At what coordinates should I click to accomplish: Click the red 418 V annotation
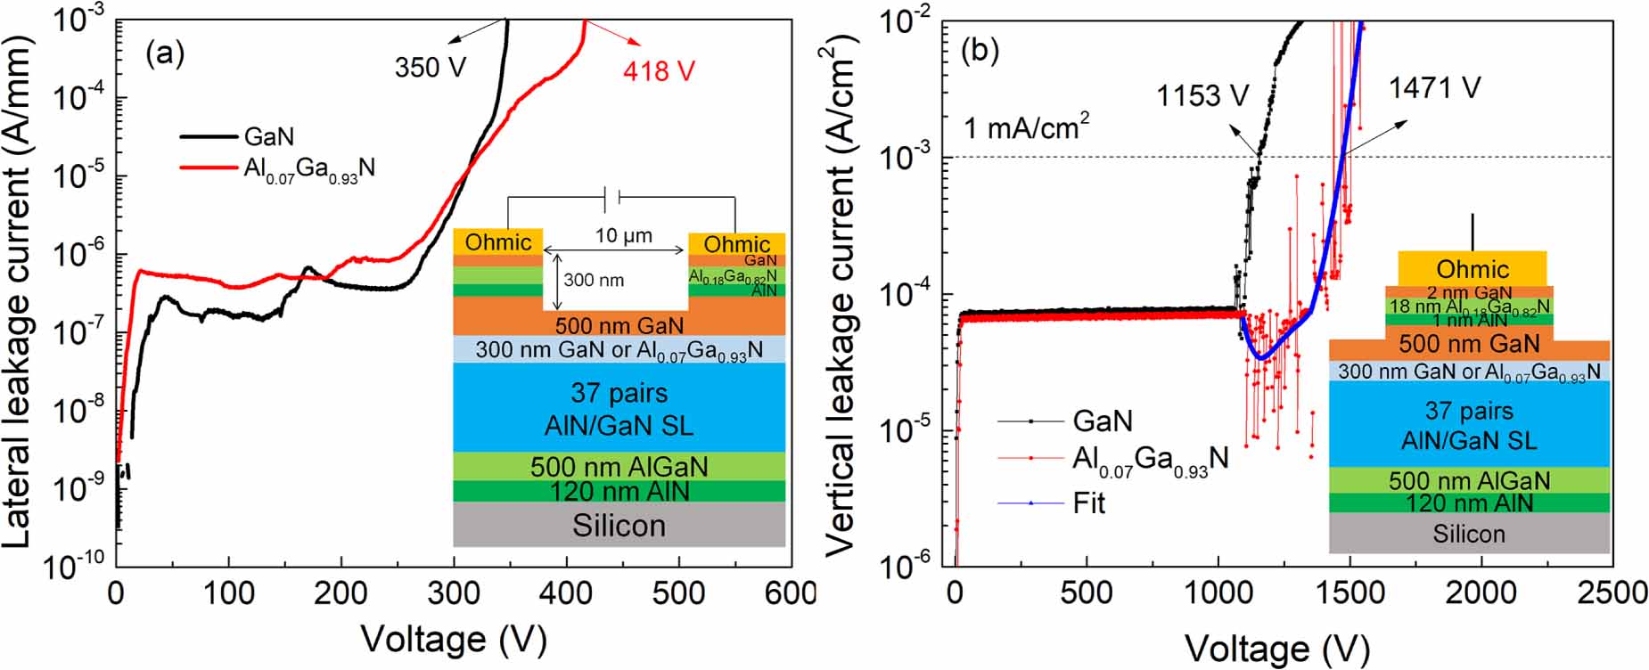tap(659, 70)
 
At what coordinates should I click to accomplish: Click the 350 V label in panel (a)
tap(431, 67)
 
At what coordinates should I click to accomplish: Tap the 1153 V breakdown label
tap(1202, 95)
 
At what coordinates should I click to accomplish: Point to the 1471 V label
tap(1434, 87)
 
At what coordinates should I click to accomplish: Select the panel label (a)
tap(165, 54)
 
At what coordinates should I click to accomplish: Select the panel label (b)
tap(980, 52)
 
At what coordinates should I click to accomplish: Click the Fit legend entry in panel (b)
tap(1088, 503)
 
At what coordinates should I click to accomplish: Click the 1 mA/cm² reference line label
tap(1027, 129)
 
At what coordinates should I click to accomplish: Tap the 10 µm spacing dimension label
tap(623, 236)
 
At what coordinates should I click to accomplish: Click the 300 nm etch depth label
tap(594, 280)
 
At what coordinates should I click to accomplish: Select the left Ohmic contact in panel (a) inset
tap(497, 241)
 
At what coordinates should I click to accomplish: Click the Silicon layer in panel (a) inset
tap(619, 526)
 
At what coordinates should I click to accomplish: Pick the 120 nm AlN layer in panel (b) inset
tap(1469, 503)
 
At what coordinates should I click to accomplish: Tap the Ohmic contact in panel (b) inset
tap(1472, 269)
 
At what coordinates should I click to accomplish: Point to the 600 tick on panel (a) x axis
tap(791, 593)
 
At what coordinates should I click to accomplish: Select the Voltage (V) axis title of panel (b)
tap(1276, 649)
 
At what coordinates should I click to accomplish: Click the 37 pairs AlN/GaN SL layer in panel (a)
tap(619, 409)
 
